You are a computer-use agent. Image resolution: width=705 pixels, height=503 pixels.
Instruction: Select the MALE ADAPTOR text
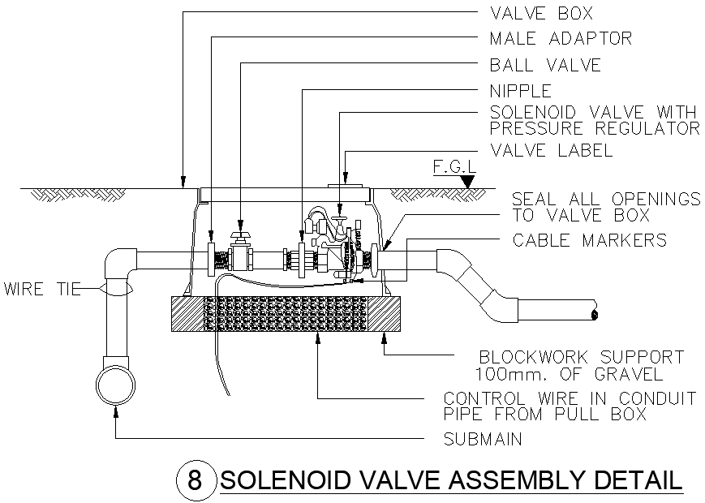pos(560,38)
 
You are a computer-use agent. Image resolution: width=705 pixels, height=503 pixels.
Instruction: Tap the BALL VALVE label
pos(545,65)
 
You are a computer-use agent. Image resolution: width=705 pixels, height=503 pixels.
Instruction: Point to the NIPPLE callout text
pos(520,90)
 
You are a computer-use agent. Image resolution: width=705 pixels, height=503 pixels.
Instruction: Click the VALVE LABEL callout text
pos(551,151)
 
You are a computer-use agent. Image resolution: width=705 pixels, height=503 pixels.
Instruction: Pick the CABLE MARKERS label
pos(589,240)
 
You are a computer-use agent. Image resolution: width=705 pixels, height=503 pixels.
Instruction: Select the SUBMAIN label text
pos(483,439)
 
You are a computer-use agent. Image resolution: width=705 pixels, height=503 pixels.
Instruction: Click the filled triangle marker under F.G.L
pos(466,183)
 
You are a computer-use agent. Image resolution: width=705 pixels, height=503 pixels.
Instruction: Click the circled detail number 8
pos(195,479)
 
